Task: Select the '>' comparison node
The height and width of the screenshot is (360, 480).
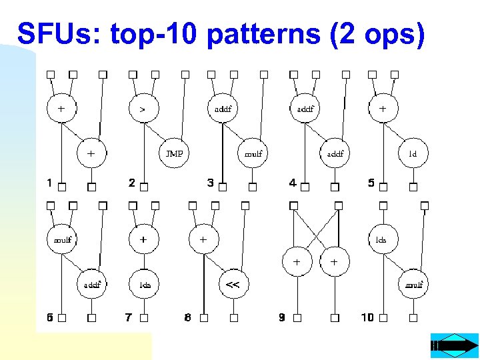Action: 143,107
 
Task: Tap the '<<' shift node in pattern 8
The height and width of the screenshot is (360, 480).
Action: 233,285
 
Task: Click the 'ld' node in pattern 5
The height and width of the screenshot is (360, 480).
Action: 412,153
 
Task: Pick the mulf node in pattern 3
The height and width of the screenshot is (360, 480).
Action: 253,153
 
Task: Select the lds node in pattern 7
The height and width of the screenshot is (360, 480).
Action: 145,285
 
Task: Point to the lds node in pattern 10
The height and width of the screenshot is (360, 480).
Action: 382,239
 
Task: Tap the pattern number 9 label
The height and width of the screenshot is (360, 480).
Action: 282,317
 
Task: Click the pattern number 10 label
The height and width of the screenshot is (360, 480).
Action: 367,317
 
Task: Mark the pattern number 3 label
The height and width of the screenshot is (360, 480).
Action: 211,183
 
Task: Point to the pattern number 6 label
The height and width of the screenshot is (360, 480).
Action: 49,317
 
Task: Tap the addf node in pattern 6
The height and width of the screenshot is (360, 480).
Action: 92,285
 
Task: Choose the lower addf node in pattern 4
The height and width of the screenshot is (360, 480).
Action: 335,153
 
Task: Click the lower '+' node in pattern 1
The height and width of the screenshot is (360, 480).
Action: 91,153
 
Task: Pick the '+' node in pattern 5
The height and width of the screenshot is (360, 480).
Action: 383,107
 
